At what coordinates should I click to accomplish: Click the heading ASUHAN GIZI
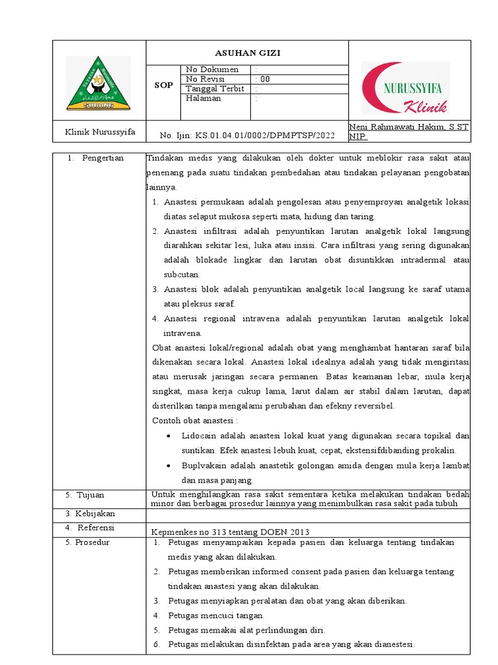point(248,53)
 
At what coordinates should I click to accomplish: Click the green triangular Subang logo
point(98,83)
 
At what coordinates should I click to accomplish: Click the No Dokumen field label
point(212,69)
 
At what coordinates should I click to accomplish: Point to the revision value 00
point(264,79)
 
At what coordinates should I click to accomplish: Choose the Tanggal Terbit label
point(215,89)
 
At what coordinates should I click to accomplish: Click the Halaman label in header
point(204,99)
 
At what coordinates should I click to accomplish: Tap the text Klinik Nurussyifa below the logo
point(100,132)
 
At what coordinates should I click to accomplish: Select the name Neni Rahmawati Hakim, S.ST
point(409,127)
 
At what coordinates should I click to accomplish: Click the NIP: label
point(358,137)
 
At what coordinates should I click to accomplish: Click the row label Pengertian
point(102,158)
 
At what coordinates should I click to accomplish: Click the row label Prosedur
point(92,542)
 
